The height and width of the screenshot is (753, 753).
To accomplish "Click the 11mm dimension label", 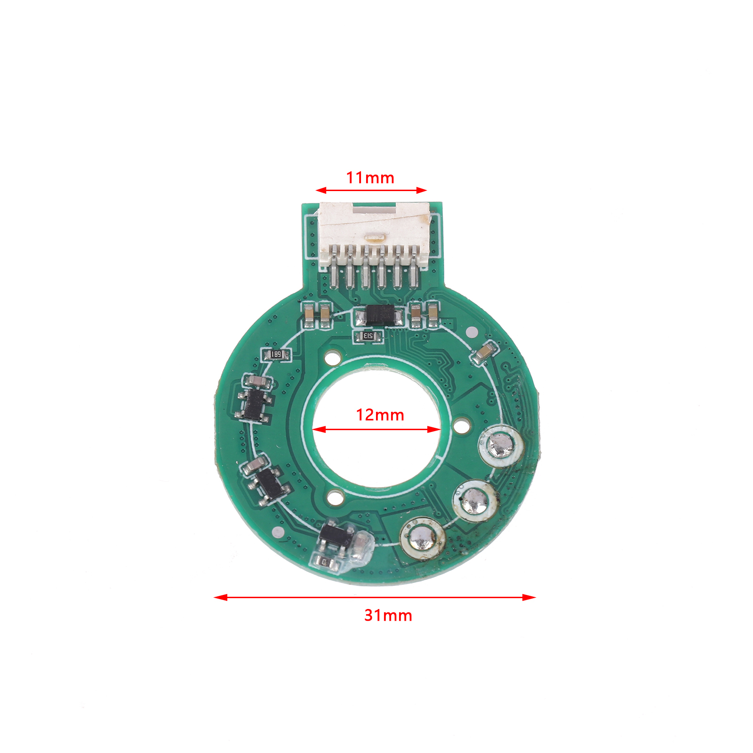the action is tap(370, 177).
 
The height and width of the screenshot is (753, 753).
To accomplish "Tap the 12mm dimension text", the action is tap(380, 415).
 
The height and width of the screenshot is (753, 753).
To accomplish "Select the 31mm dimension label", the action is tap(388, 615).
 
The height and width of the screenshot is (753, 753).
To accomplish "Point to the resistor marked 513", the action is tap(368, 336).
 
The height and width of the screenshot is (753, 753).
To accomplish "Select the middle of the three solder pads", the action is tap(475, 500).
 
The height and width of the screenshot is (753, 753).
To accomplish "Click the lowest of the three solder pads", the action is tap(422, 538).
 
